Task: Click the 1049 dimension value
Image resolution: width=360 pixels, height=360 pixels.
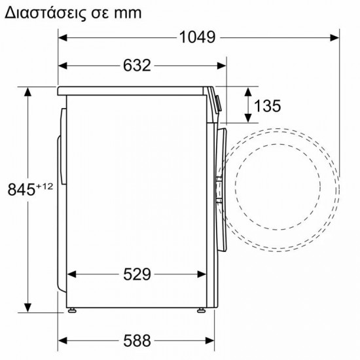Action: click(197, 37)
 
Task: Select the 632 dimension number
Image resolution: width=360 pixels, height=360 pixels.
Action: click(136, 65)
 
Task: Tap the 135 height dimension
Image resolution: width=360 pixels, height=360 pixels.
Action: click(268, 105)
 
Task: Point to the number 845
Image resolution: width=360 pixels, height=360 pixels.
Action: click(21, 190)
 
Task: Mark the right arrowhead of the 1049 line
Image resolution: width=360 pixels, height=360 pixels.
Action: click(335, 37)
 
